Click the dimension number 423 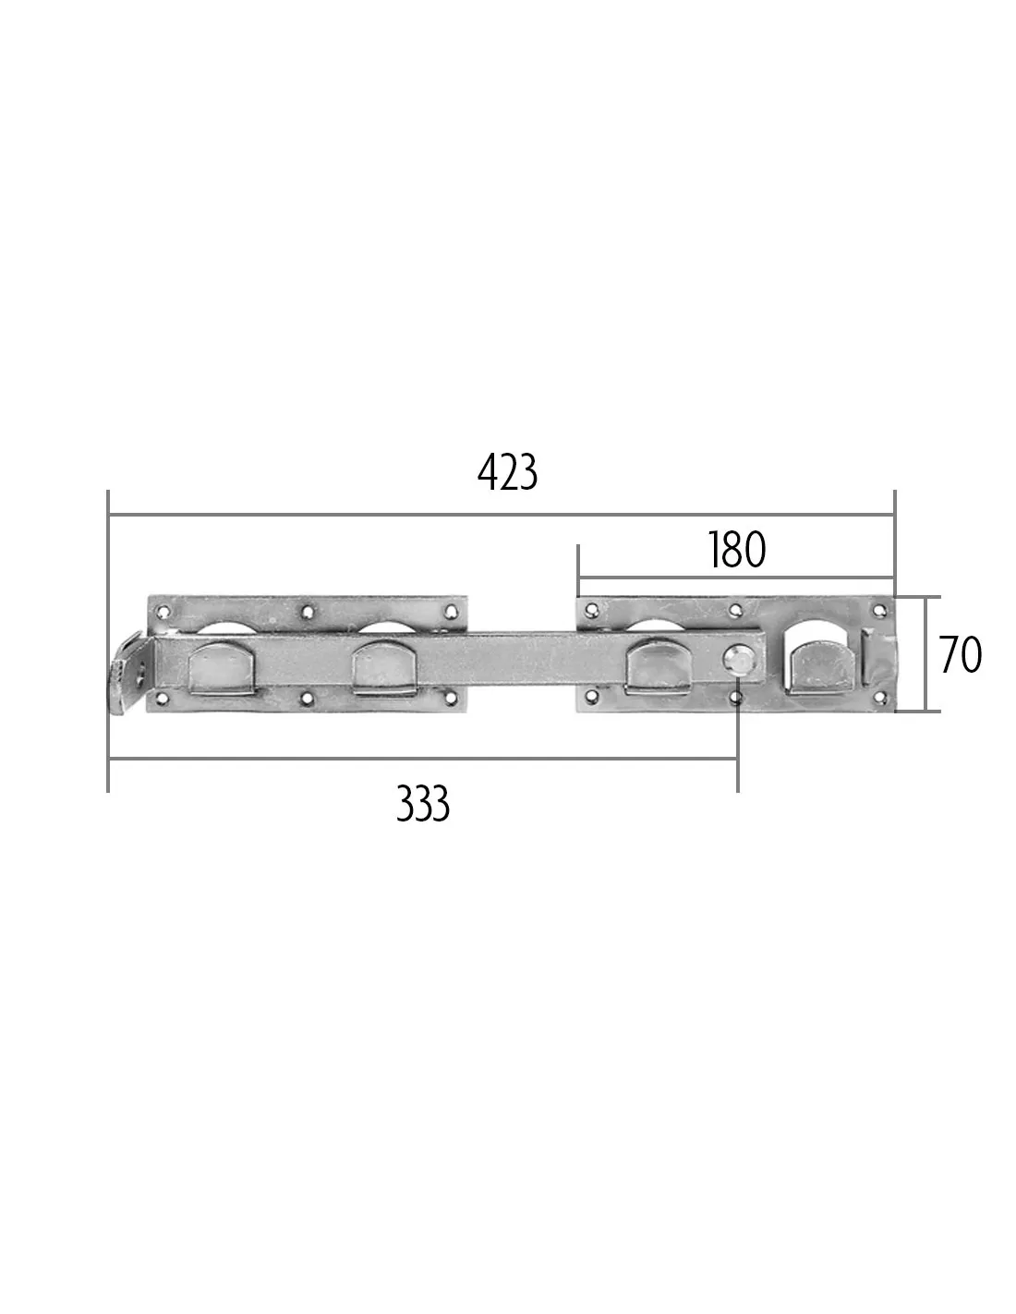click(x=507, y=473)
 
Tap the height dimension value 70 click(x=961, y=655)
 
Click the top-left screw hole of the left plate click(x=162, y=612)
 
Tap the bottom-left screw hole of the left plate click(x=162, y=699)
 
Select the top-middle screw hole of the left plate click(x=308, y=612)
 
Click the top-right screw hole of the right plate click(x=879, y=610)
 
